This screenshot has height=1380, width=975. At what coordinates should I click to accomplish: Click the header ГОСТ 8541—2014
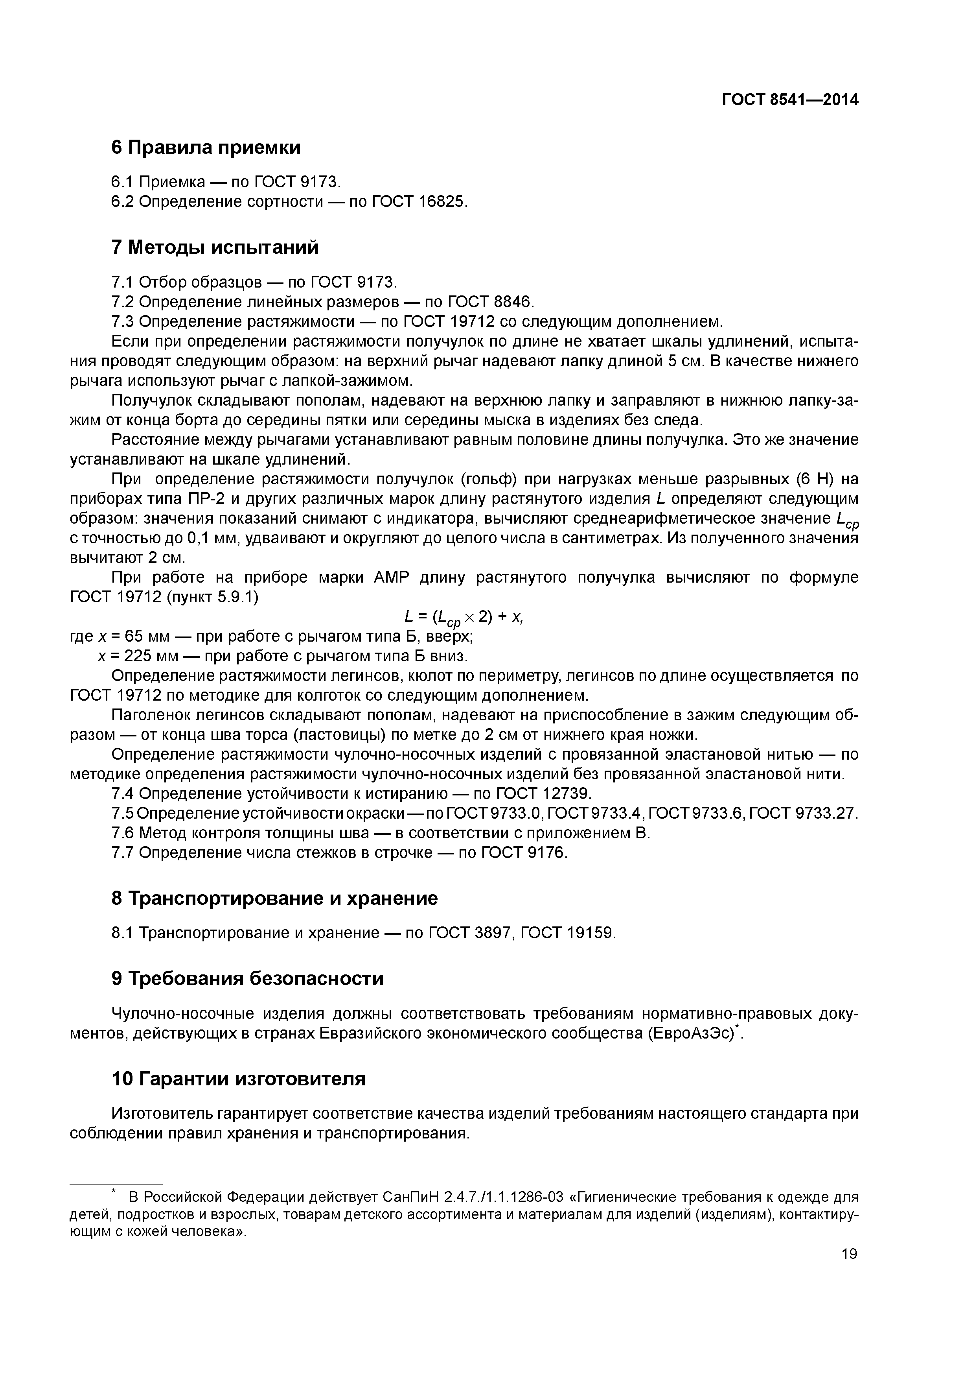pyautogui.click(x=789, y=100)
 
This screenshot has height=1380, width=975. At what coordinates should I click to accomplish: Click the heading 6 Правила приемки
pyautogui.click(x=206, y=147)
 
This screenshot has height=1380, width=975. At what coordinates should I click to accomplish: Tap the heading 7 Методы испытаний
pyautogui.click(x=215, y=247)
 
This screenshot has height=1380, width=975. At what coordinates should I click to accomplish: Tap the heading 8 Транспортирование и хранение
pyautogui.click(x=274, y=898)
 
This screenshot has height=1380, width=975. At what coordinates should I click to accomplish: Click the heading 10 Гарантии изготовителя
pyautogui.click(x=239, y=1079)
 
